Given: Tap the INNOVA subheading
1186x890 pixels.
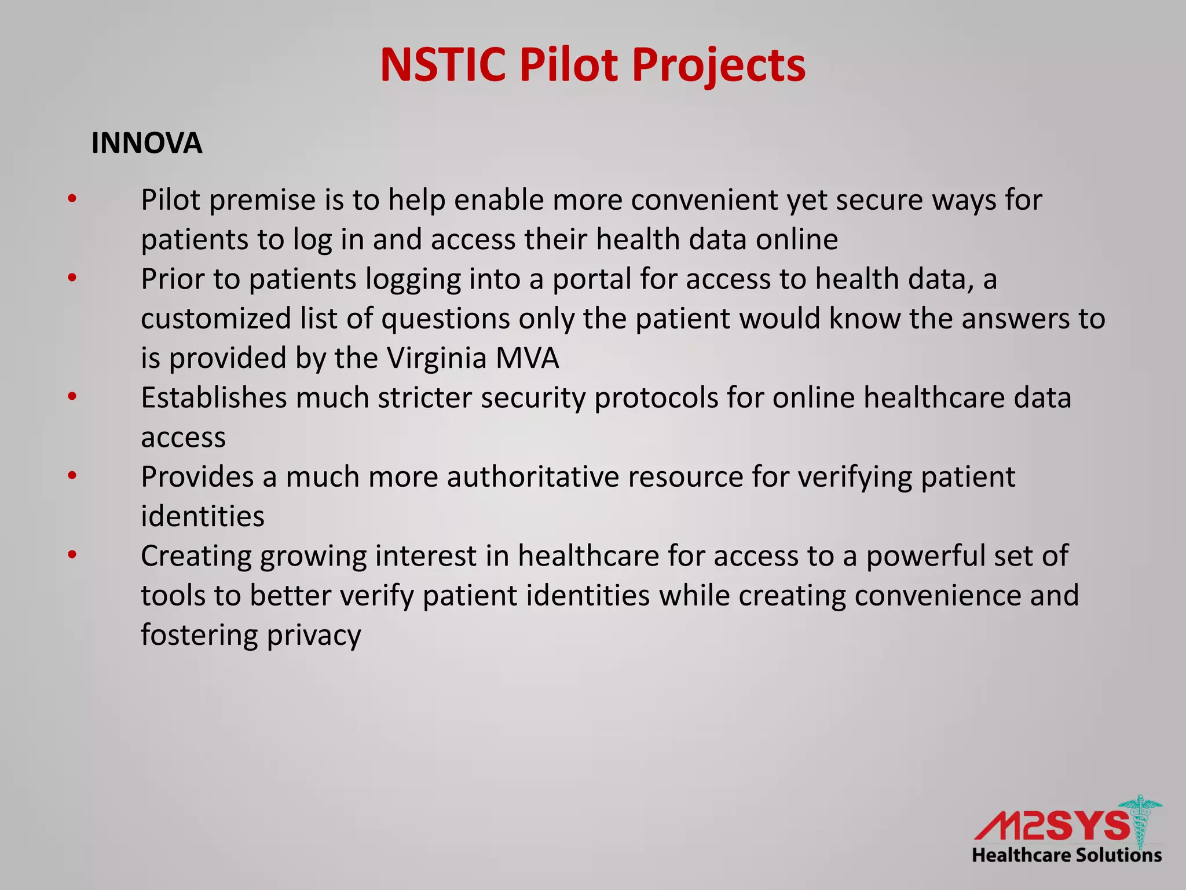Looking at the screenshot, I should click(147, 143).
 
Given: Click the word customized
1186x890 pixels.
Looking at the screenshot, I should click(215, 319).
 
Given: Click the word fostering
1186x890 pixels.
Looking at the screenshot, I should click(199, 636).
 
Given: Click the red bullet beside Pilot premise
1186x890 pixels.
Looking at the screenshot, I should click(72, 199).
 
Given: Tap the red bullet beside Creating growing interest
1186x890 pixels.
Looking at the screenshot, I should click(72, 555).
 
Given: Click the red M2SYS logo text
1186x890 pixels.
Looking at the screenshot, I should click(1051, 826).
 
